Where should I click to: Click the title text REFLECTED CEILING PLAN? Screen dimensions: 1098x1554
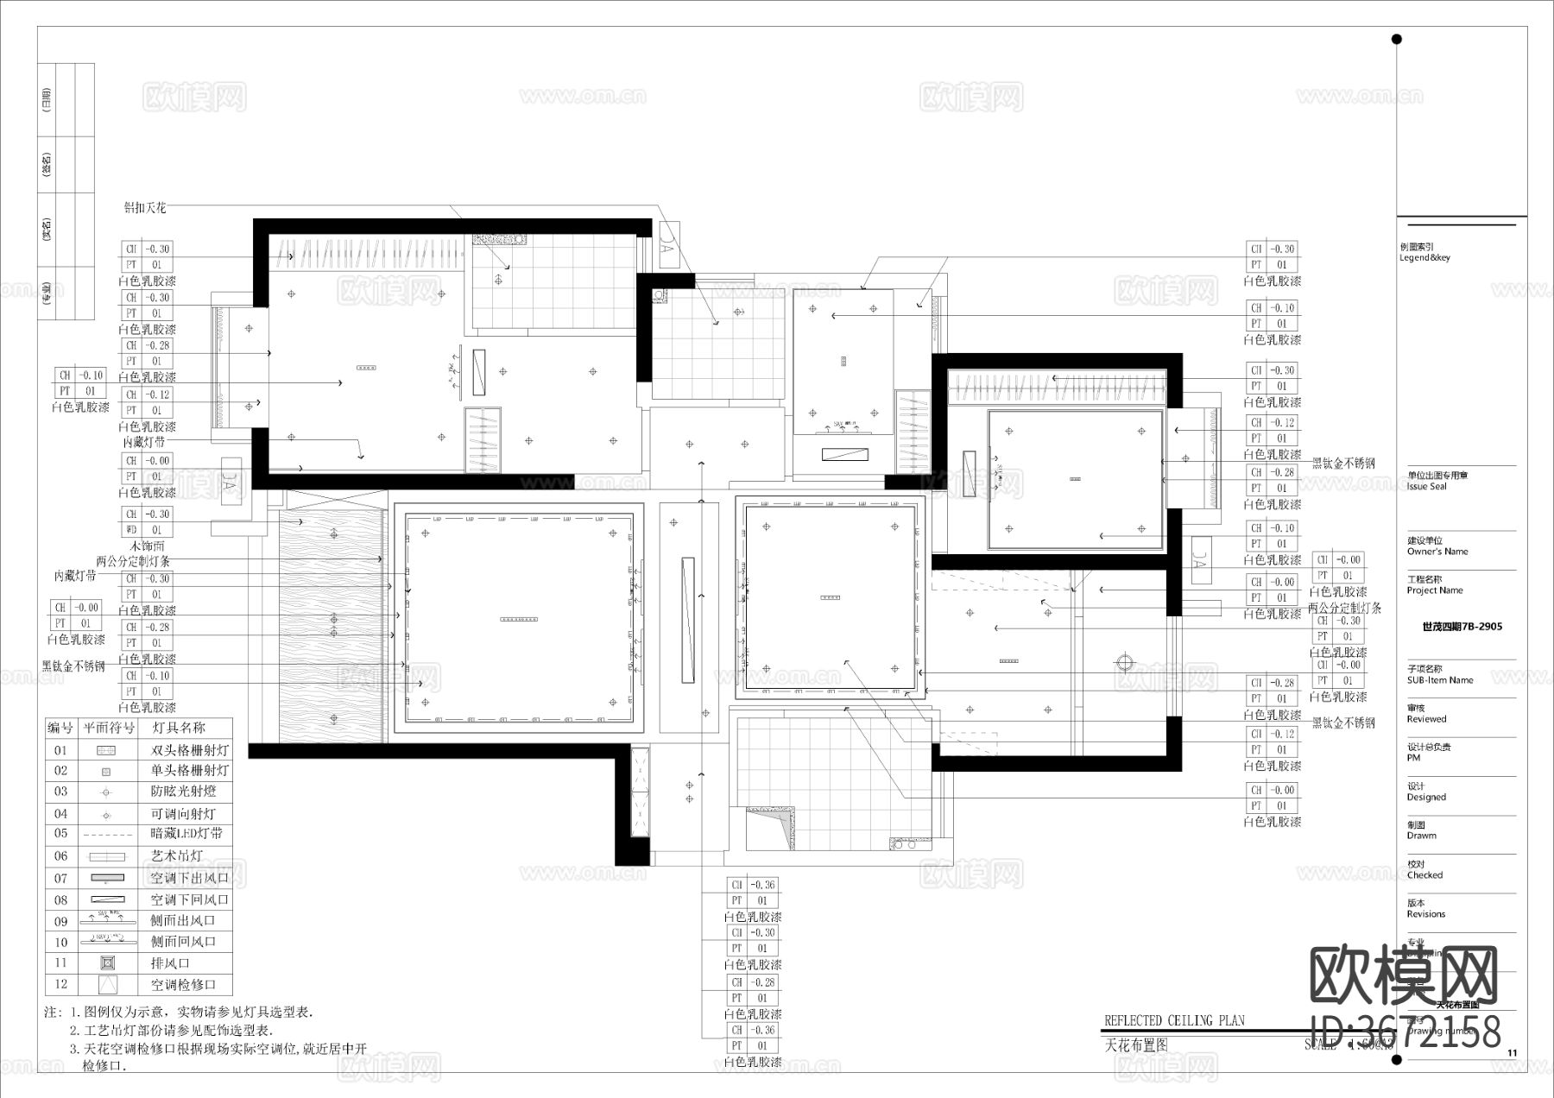click(x=1174, y=1020)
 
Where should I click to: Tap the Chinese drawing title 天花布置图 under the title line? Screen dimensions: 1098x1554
click(x=1136, y=1044)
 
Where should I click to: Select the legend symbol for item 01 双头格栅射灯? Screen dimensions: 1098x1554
click(x=106, y=751)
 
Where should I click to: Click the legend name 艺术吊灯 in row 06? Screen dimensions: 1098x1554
click(x=178, y=856)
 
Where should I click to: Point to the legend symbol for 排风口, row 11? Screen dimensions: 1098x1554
click(x=106, y=962)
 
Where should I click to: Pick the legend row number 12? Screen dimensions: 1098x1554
click(x=60, y=984)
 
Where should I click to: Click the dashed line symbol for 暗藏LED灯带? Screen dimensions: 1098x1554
click(x=106, y=835)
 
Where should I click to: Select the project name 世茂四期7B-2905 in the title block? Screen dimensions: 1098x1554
click(x=1462, y=627)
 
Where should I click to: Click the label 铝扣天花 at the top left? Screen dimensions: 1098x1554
click(x=144, y=208)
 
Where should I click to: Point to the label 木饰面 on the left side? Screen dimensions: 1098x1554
click(x=147, y=546)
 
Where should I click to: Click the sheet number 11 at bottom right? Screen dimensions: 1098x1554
click(x=1512, y=1053)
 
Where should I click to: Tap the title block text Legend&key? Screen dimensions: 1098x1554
click(x=1424, y=257)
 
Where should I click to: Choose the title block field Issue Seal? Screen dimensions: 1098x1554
click(x=1426, y=487)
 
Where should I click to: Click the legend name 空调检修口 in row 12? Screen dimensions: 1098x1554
click(x=183, y=984)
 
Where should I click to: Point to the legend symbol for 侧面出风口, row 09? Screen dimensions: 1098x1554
click(x=106, y=920)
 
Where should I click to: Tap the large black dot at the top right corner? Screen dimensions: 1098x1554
click(x=1397, y=39)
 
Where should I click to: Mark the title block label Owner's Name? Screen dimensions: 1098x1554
click(x=1437, y=552)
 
